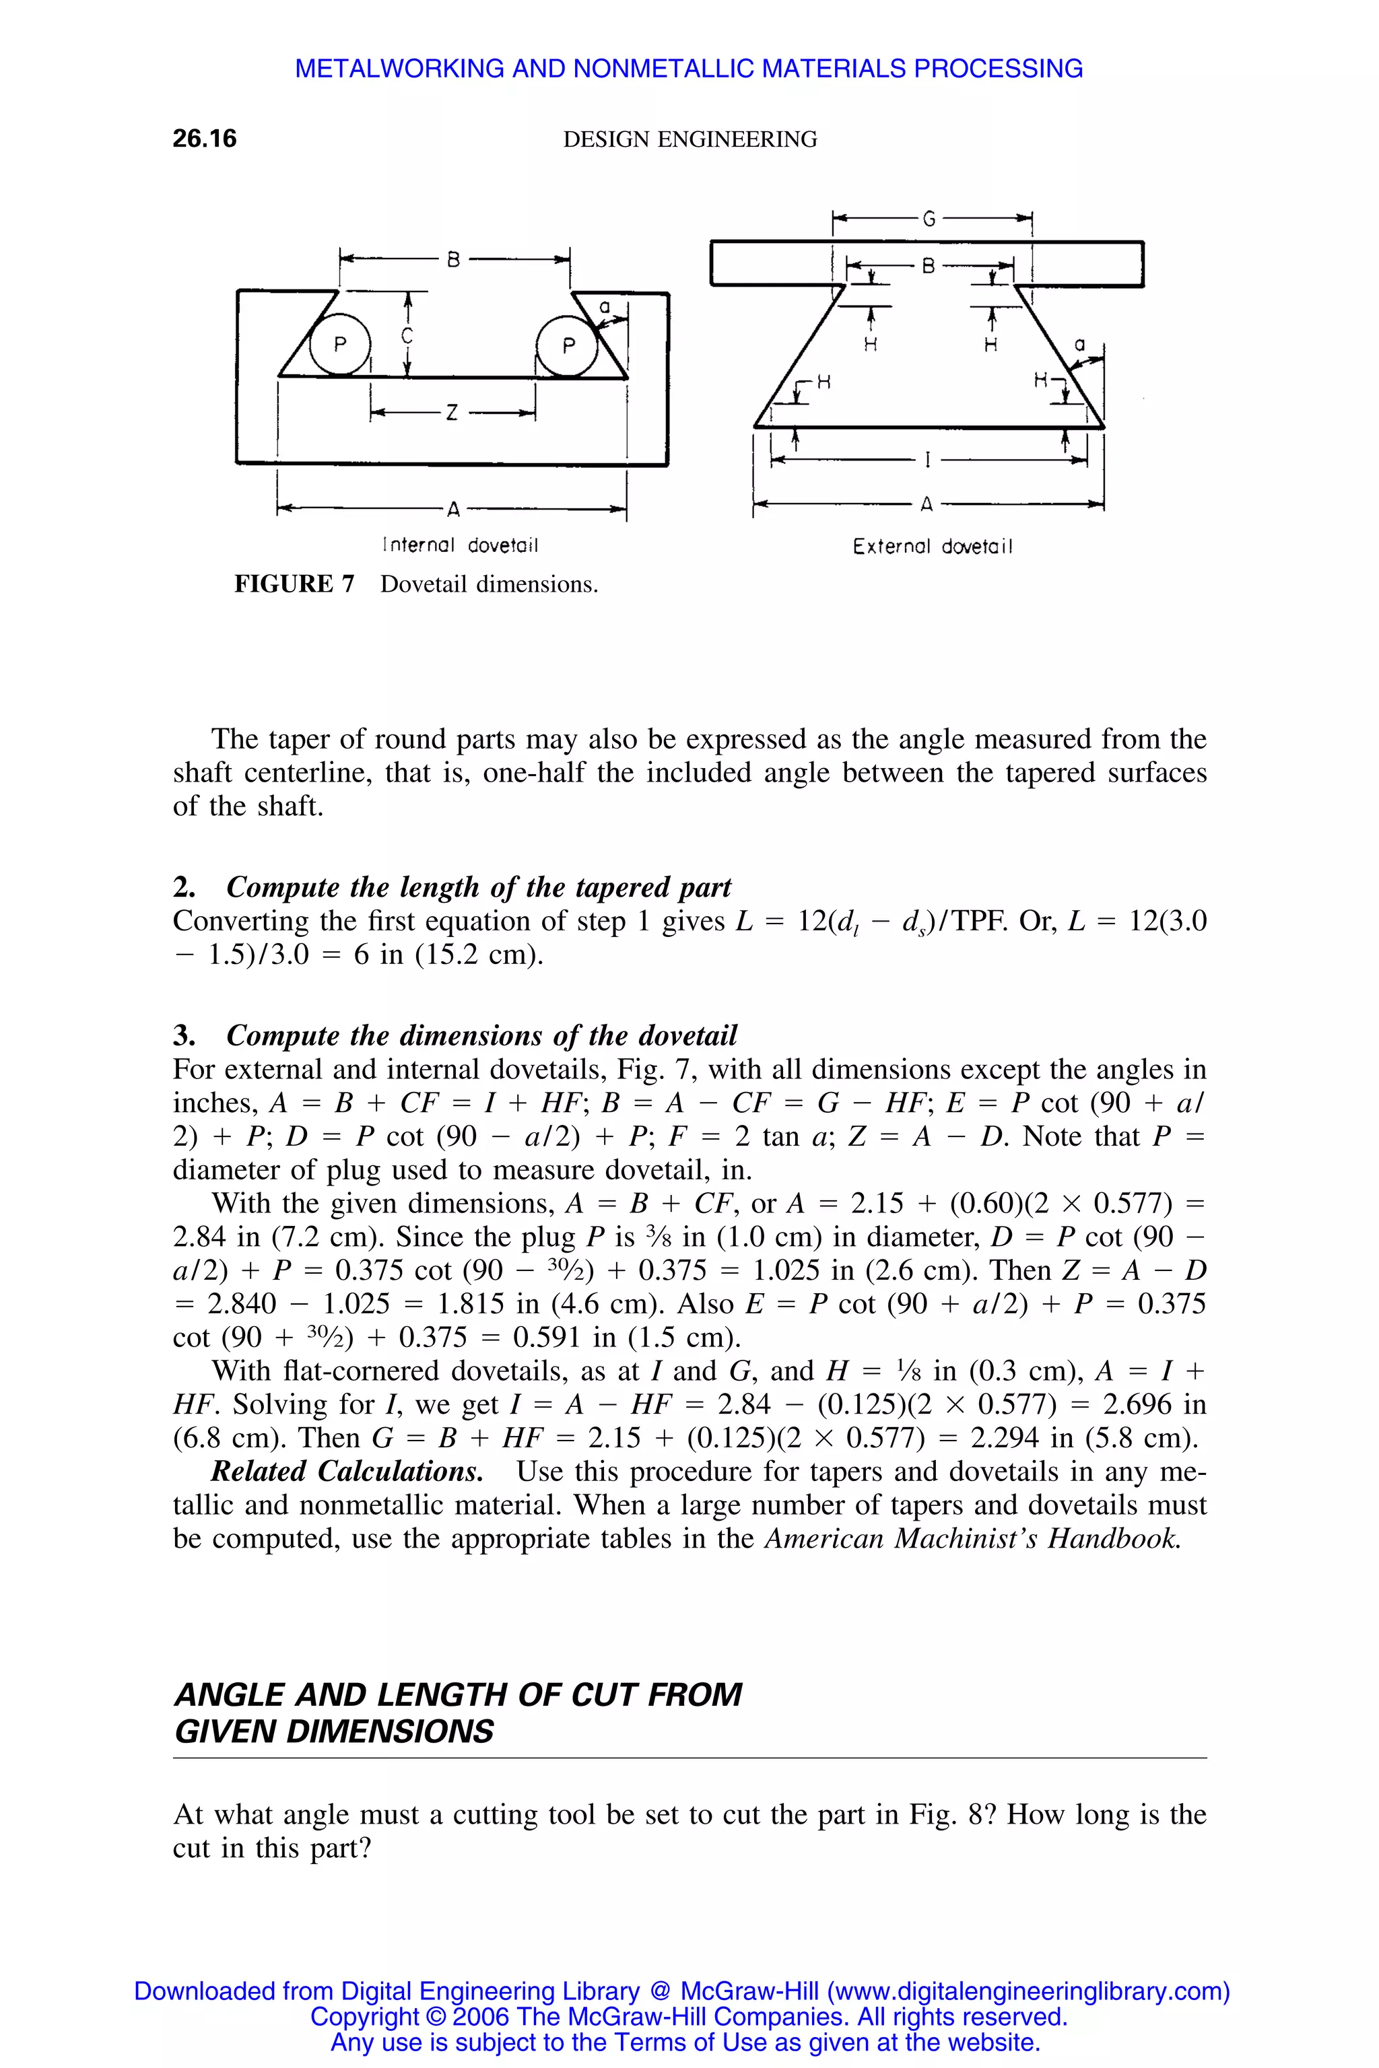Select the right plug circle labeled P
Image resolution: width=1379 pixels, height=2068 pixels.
point(568,345)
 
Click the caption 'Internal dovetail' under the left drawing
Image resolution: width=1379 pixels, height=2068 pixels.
point(460,546)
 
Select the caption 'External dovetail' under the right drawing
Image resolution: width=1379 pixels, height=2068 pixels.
point(932,547)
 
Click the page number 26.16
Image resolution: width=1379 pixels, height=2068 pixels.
point(204,139)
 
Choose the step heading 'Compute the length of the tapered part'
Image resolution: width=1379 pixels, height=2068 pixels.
point(479,887)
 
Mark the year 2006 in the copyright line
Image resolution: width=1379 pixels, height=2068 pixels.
point(480,2017)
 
